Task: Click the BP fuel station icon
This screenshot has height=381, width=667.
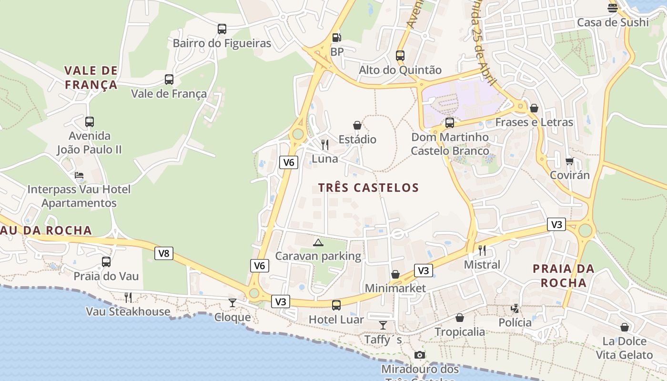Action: pyautogui.click(x=336, y=38)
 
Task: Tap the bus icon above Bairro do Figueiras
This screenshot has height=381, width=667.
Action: pyautogui.click(x=222, y=29)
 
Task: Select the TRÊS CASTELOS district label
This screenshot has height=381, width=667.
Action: pyautogui.click(x=368, y=188)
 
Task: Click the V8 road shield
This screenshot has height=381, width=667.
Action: pyautogui.click(x=163, y=253)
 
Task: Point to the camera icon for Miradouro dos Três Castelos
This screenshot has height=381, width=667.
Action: pyautogui.click(x=419, y=355)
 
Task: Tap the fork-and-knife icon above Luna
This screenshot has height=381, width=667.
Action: pyautogui.click(x=325, y=144)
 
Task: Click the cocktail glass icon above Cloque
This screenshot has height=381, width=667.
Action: pyautogui.click(x=232, y=303)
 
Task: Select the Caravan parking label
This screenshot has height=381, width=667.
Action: pyautogui.click(x=318, y=256)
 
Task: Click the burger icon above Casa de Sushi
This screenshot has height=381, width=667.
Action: pyautogui.click(x=613, y=8)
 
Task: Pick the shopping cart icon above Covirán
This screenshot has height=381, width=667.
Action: pyautogui.click(x=570, y=161)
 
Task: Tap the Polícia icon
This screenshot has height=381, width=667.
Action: pyautogui.click(x=515, y=308)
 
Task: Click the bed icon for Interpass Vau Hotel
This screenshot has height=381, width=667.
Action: pyautogui.click(x=79, y=175)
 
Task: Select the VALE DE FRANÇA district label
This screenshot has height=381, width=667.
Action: pyautogui.click(x=91, y=78)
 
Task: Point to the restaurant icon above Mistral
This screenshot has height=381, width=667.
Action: pyautogui.click(x=482, y=251)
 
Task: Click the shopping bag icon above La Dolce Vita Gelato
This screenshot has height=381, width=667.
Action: pyautogui.click(x=625, y=327)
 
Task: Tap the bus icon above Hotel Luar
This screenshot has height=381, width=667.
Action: pyautogui.click(x=336, y=305)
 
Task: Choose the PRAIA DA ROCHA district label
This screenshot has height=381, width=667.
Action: pyautogui.click(x=563, y=276)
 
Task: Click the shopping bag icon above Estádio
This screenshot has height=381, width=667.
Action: pyautogui.click(x=357, y=125)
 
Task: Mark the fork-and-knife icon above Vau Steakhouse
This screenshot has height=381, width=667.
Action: pyautogui.click(x=128, y=298)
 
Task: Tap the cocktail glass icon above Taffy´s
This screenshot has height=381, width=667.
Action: pyautogui.click(x=383, y=325)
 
